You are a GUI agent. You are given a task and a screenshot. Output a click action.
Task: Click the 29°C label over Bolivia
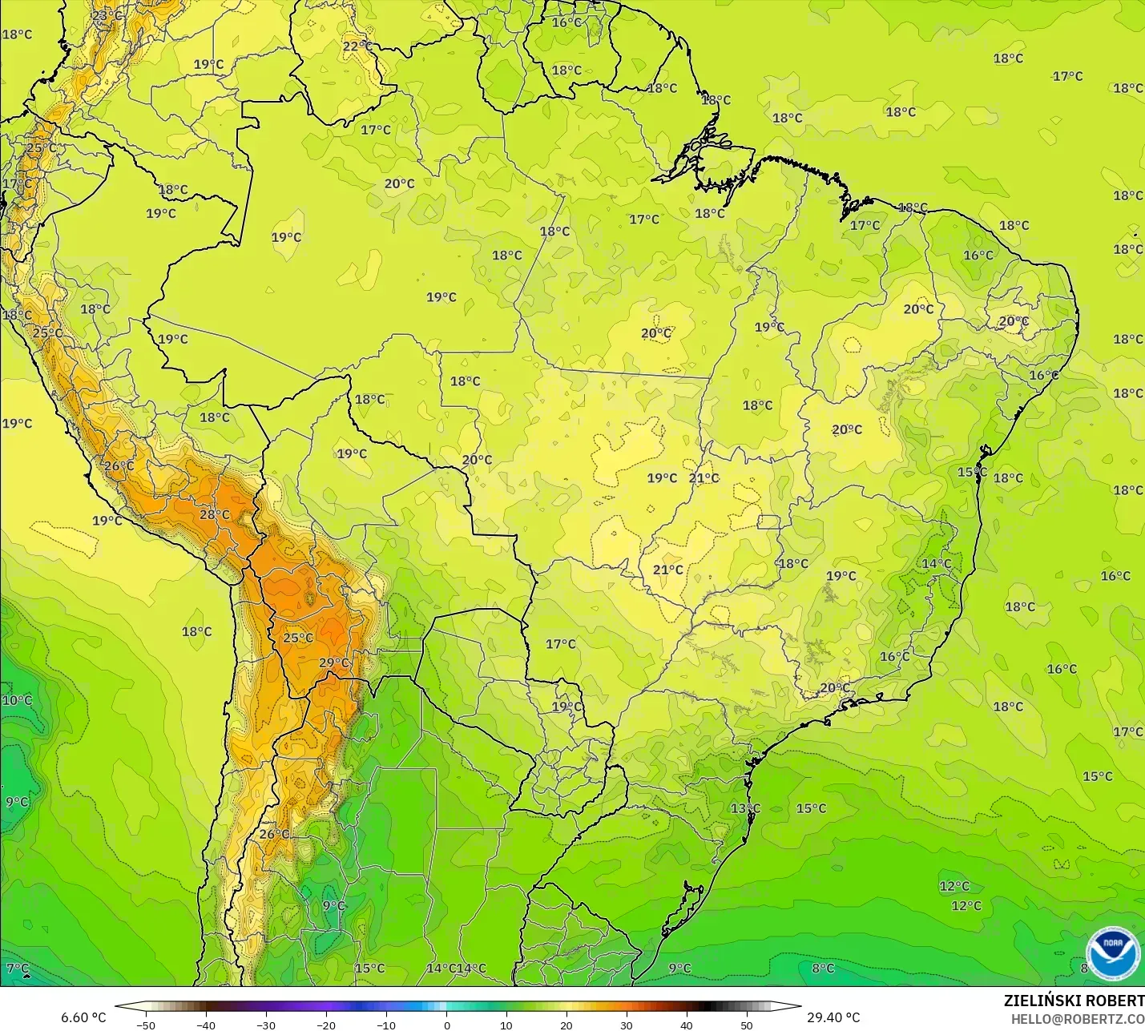[x=334, y=662]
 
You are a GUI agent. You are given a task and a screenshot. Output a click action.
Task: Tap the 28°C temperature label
[x=214, y=514]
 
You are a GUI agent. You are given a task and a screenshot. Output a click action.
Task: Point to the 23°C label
[x=107, y=15]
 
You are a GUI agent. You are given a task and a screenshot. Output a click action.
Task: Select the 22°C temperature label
[x=357, y=46]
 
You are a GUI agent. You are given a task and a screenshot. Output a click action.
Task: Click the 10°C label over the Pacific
[x=17, y=700]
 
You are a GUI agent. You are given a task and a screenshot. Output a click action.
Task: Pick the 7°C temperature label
[x=18, y=969]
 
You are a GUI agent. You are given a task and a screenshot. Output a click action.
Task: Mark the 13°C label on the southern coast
[x=744, y=808]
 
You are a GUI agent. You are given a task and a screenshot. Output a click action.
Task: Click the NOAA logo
[x=1113, y=953]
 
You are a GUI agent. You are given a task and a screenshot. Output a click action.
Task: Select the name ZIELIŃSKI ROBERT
[x=1074, y=1001]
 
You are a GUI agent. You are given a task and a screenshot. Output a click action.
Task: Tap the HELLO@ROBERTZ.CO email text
[x=1077, y=1019]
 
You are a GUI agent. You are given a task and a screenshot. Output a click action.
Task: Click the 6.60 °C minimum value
[x=83, y=1017]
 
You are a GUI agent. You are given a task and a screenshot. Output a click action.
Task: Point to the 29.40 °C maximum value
[x=833, y=1017]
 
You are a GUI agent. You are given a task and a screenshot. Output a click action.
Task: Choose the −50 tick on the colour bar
[x=145, y=1025]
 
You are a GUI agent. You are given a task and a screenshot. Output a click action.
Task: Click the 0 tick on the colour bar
[x=446, y=1025]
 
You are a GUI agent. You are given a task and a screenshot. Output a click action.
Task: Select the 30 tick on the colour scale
[x=626, y=1025]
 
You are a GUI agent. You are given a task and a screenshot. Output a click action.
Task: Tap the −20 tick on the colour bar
[x=325, y=1025]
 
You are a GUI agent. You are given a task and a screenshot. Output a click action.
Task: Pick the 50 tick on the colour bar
[x=746, y=1025]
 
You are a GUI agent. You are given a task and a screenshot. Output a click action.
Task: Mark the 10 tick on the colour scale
[x=506, y=1025]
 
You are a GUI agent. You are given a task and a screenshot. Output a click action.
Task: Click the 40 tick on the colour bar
[x=686, y=1025]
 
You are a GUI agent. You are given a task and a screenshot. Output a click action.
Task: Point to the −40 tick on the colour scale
[x=205, y=1025]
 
